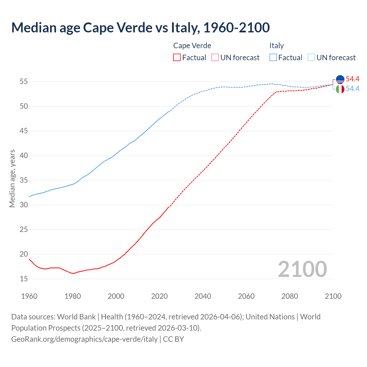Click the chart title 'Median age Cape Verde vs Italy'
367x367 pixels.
point(140,28)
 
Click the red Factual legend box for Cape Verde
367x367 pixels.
point(177,57)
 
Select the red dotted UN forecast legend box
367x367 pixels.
point(215,57)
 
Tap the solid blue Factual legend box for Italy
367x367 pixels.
point(273,57)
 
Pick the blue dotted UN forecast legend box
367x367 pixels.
point(311,57)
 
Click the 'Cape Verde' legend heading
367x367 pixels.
point(192,46)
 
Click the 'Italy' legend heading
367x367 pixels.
point(276,46)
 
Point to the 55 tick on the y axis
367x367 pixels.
point(24,82)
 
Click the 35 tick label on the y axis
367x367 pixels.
point(24,180)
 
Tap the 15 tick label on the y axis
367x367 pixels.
point(24,279)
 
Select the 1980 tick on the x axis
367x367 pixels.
point(73,296)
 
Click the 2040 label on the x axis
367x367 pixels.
point(203,296)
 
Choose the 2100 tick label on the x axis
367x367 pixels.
point(333,296)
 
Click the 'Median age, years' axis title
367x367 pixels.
point(12,178)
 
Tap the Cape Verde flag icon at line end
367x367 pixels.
point(340,79)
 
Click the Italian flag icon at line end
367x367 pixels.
point(340,89)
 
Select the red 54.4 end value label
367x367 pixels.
point(352,79)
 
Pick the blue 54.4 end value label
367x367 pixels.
point(352,89)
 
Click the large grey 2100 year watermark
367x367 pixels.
point(302,269)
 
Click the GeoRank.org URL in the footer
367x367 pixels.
point(84,339)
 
